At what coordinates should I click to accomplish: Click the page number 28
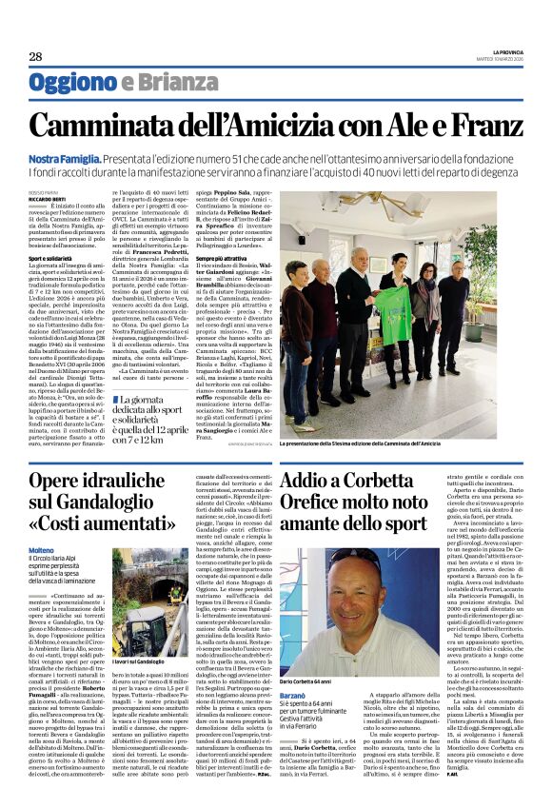point(35,57)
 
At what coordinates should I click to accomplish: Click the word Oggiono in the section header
point(73,83)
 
